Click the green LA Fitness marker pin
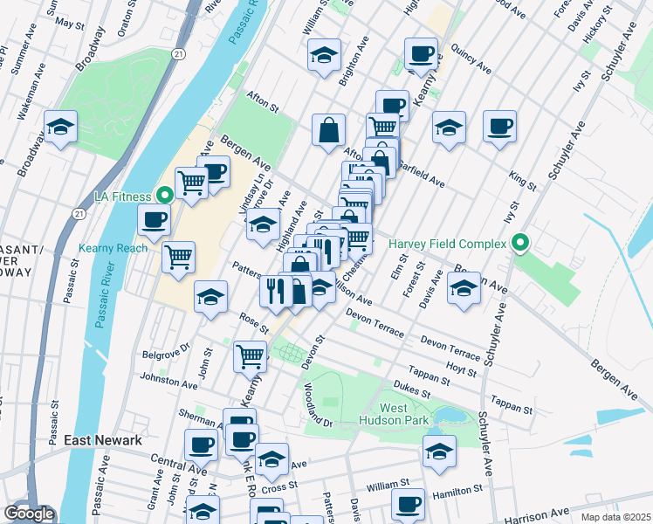[x=162, y=195]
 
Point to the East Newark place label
[x=103, y=440]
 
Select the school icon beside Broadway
[x=61, y=128]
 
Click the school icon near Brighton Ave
[x=324, y=55]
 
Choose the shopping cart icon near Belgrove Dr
[x=250, y=355]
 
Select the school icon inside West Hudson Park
[x=439, y=450]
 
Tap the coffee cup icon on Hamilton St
[x=408, y=503]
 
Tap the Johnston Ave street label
[x=169, y=382]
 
